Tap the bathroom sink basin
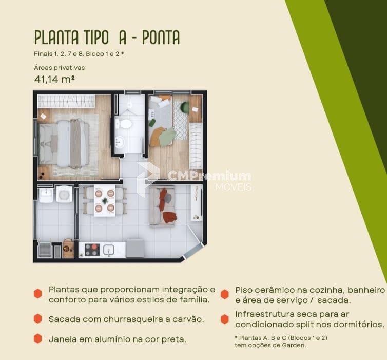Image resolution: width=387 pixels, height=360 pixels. [x=120, y=142]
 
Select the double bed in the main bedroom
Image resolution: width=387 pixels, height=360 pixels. [x=64, y=144]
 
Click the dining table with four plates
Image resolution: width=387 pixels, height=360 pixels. [x=105, y=200]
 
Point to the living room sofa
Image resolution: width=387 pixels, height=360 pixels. [x=162, y=206]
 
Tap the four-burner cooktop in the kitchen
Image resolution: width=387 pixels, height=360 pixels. [x=92, y=250]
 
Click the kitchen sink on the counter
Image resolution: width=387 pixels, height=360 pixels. [x=109, y=250]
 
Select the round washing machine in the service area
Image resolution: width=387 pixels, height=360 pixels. [x=64, y=194]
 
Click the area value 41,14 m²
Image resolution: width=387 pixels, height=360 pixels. [x=54, y=79]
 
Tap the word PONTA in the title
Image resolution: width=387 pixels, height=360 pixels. [x=161, y=37]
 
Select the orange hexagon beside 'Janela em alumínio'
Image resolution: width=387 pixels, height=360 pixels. [x=38, y=338]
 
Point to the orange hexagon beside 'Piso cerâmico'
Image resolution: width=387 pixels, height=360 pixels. [x=225, y=294]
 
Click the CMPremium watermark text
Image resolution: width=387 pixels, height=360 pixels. [x=209, y=176]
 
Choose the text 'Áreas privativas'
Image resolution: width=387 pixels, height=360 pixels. [x=60, y=68]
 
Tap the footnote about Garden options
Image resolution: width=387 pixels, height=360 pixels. [x=281, y=342]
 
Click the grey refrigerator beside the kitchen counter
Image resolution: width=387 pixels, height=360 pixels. [x=135, y=248]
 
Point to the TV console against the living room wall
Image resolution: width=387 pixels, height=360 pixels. [x=197, y=203]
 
